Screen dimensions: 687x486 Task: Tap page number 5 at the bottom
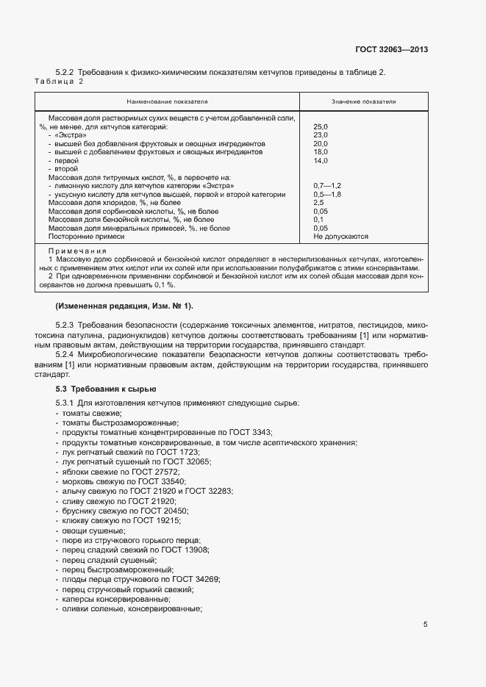click(425, 625)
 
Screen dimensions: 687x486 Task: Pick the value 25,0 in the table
click(321, 127)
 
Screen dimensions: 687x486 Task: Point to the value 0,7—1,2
click(327, 186)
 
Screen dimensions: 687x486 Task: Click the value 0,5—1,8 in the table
click(327, 195)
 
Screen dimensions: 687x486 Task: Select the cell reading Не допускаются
click(340, 237)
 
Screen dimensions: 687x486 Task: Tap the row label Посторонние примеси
click(86, 237)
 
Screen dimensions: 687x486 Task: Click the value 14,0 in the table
click(321, 160)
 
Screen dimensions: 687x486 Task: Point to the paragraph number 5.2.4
click(68, 354)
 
